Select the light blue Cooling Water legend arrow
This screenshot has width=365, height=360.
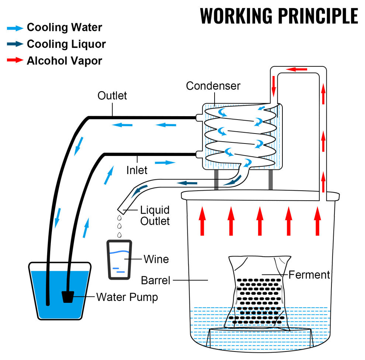pos(15,27)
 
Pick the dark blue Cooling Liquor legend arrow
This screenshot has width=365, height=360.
pos(15,44)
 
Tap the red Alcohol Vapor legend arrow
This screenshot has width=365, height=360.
pos(15,60)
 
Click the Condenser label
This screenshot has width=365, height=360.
pos(213,86)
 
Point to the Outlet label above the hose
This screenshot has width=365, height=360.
pos(112,96)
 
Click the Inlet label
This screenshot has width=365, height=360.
pos(137,170)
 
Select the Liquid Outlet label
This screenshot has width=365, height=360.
pos(155,215)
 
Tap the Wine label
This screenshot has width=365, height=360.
pos(156,259)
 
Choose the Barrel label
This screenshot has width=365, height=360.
pos(156,280)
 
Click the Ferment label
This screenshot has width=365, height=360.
pos(309,275)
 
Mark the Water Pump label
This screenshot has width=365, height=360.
pos(127,297)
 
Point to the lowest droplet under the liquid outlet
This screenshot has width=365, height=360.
pos(119,235)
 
